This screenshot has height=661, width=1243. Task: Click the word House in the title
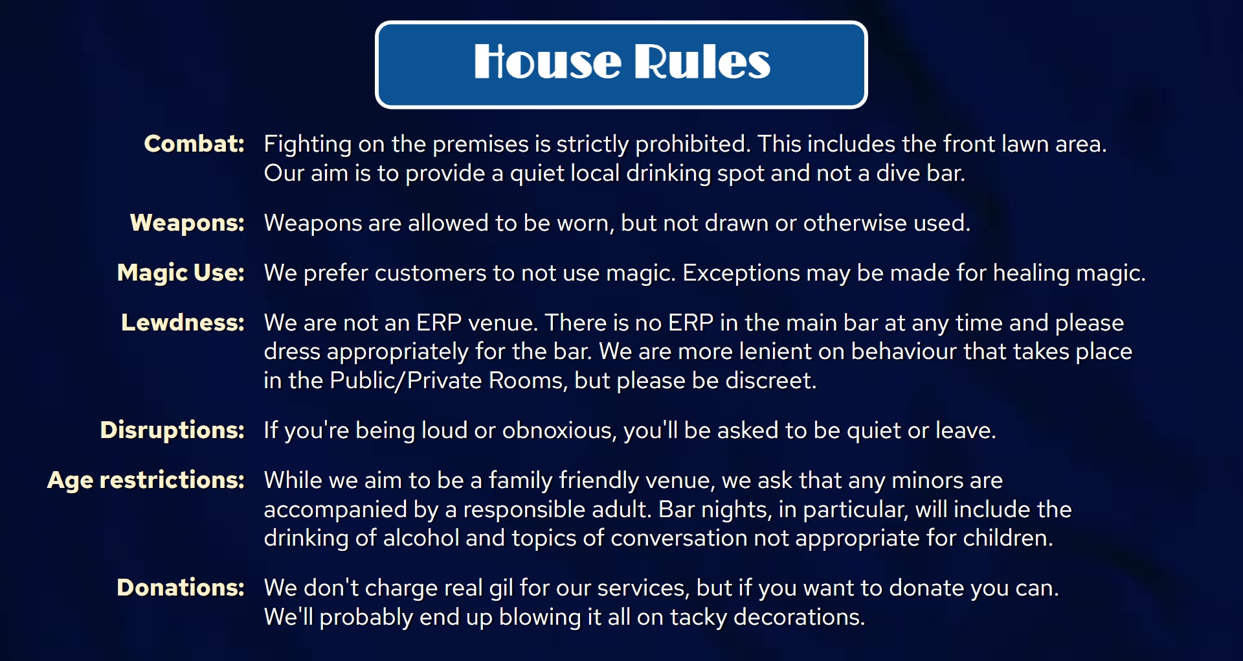tap(548, 62)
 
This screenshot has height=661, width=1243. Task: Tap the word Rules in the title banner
tap(702, 62)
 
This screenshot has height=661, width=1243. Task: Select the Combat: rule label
tap(194, 144)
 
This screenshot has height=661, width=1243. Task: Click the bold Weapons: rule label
tap(187, 223)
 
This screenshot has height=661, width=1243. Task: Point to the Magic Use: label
tap(181, 273)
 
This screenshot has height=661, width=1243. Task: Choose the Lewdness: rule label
tap(183, 323)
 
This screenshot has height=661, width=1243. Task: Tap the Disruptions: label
tap(172, 430)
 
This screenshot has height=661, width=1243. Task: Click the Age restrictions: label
tap(146, 480)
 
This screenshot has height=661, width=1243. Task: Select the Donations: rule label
tap(181, 588)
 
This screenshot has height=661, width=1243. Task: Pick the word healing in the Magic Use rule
tap(1031, 273)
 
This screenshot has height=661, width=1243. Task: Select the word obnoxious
tap(559, 431)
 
